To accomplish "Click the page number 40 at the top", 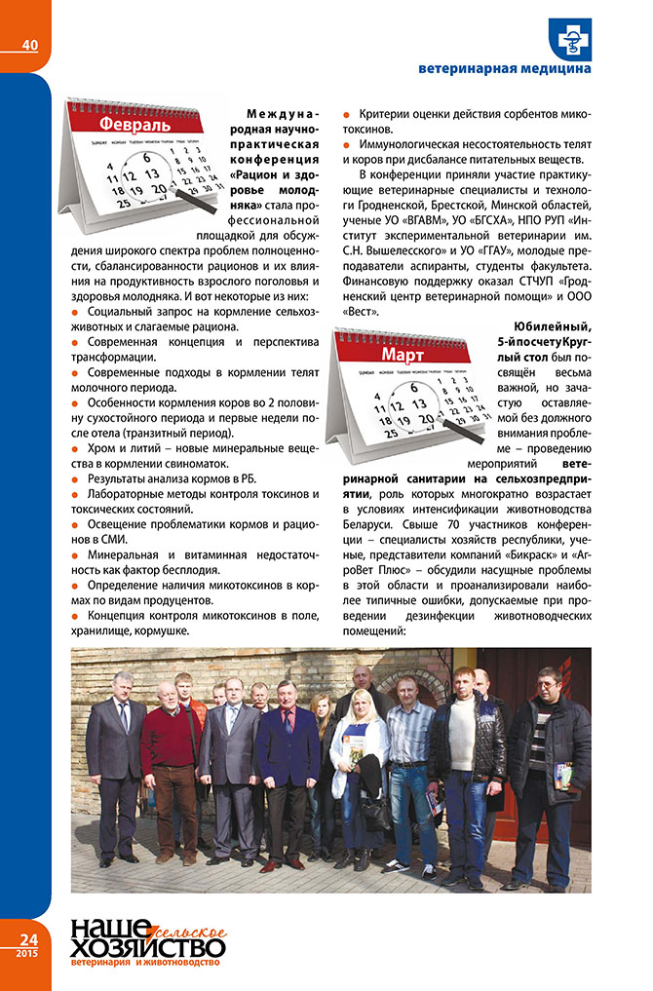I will tap(29, 44).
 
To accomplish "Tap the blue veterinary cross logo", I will tap(568, 39).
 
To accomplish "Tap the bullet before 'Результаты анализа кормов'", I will tap(77, 479).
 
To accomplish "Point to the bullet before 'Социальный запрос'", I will tap(77, 311).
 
